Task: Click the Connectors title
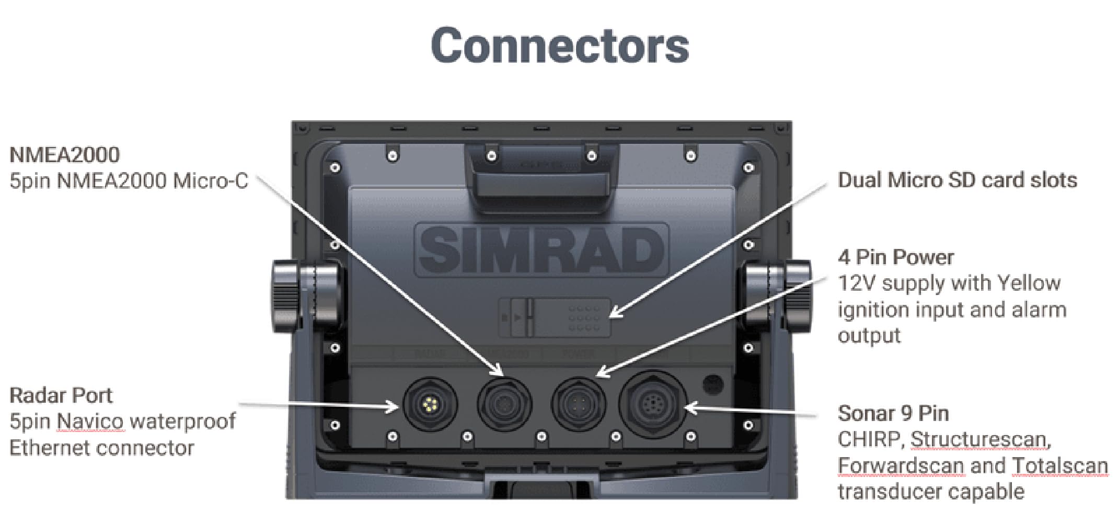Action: click(560, 46)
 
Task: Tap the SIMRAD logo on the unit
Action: click(541, 249)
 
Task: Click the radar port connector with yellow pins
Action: click(430, 404)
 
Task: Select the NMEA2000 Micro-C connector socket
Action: click(504, 404)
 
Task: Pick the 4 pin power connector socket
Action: click(579, 404)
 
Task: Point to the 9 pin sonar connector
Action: click(652, 404)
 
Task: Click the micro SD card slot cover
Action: click(555, 317)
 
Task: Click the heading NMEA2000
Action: click(65, 155)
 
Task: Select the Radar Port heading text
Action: click(61, 395)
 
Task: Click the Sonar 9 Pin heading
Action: click(893, 414)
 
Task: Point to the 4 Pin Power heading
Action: click(895, 257)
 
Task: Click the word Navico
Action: click(90, 422)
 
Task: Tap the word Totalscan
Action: click(1060, 465)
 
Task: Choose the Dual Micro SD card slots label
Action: click(957, 180)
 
